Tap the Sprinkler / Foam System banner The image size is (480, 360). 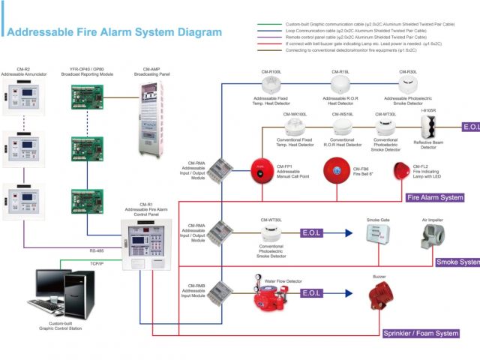421,333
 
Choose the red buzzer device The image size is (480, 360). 379,295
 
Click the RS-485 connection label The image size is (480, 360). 97,250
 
